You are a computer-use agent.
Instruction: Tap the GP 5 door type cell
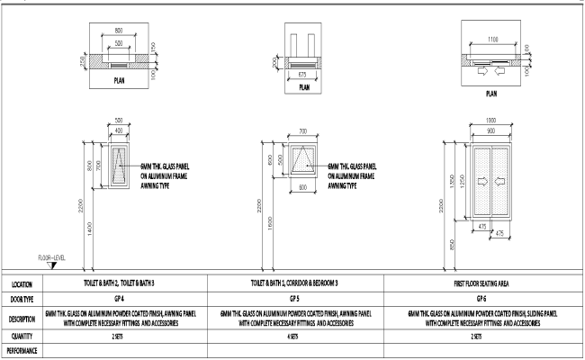(293, 297)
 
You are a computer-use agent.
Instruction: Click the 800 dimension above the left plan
(119, 30)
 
